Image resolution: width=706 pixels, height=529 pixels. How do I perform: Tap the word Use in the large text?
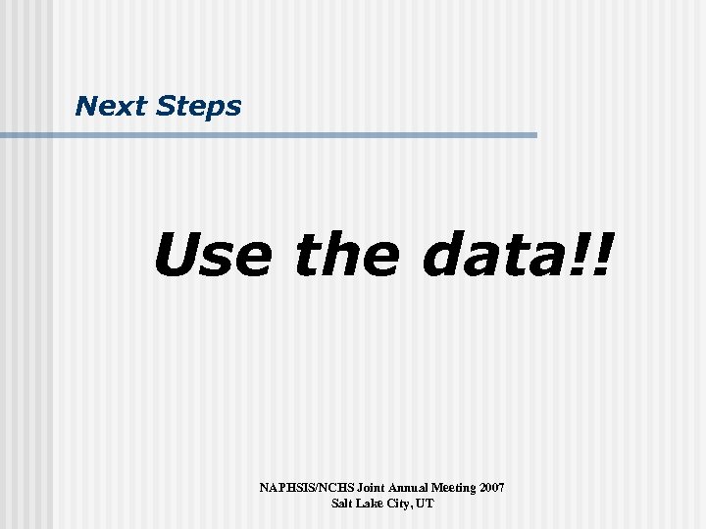(x=212, y=254)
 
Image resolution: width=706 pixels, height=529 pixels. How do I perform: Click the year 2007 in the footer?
(x=491, y=487)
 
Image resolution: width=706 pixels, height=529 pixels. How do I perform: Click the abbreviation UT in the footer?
(x=426, y=504)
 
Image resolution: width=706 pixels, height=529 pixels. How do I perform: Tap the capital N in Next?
(x=85, y=106)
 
